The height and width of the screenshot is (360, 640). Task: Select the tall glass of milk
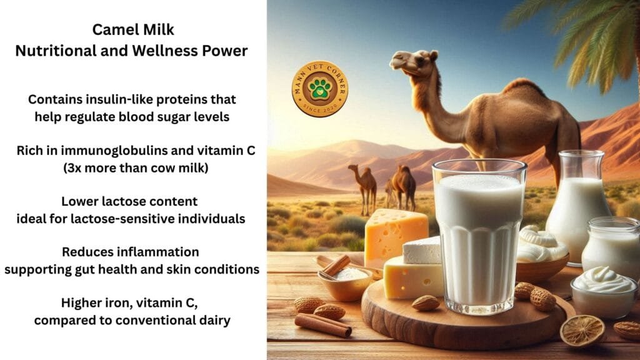click(479, 237)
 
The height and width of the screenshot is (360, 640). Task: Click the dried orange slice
click(582, 331)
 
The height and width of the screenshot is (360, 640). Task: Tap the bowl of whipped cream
click(603, 291)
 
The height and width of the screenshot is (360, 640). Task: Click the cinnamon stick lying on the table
click(323, 325)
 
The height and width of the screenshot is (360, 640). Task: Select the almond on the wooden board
click(425, 303)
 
